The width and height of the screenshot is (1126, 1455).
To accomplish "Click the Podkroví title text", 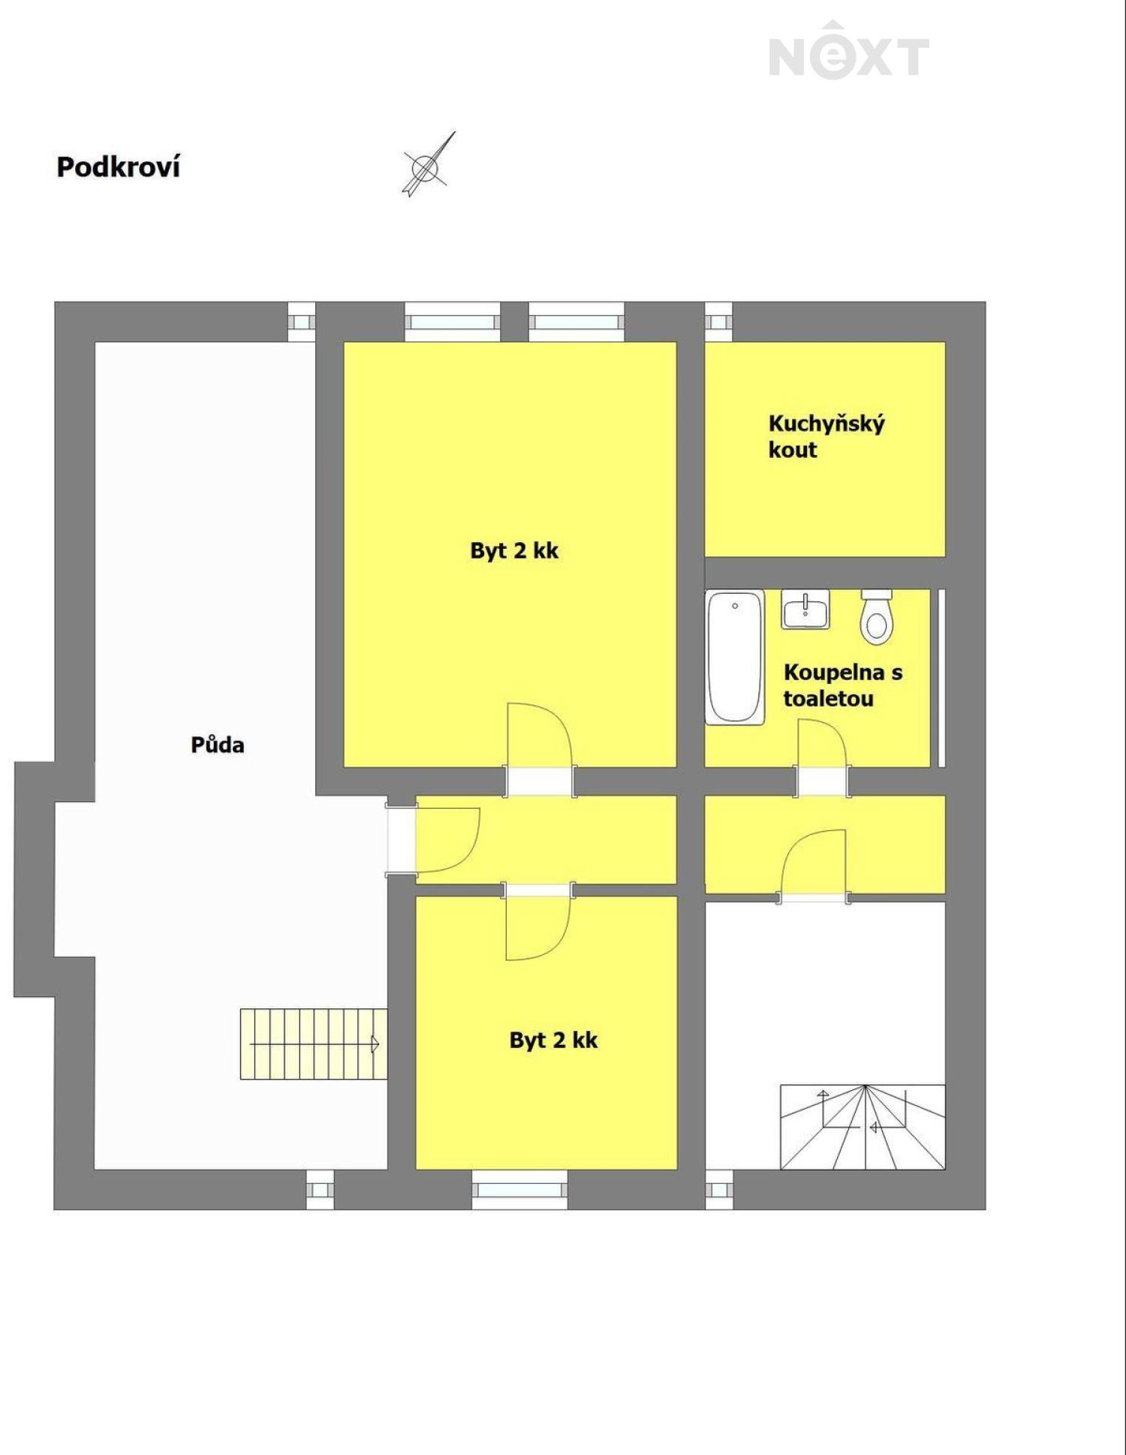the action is point(119,167).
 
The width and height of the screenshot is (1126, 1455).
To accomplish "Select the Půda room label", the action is point(218,745).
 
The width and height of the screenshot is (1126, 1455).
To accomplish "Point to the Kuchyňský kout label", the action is point(826,436).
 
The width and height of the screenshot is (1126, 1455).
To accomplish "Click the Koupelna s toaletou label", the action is point(843,685).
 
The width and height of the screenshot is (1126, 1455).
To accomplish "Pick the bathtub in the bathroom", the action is point(735,657).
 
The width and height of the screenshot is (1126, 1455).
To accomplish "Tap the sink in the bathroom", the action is point(805,609).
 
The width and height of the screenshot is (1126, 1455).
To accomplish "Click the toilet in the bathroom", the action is point(876,616).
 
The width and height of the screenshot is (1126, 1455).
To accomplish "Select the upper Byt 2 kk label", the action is point(514,550).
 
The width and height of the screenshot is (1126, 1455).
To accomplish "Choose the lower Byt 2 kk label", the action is point(553,1040).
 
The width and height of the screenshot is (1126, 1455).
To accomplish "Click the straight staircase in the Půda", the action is point(314,1044).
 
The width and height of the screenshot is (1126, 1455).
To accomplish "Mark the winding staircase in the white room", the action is point(863,1127).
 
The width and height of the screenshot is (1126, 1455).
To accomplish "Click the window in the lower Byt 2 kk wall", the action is point(519,1189).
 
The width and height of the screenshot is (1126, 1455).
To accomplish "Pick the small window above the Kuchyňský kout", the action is point(718,322).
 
